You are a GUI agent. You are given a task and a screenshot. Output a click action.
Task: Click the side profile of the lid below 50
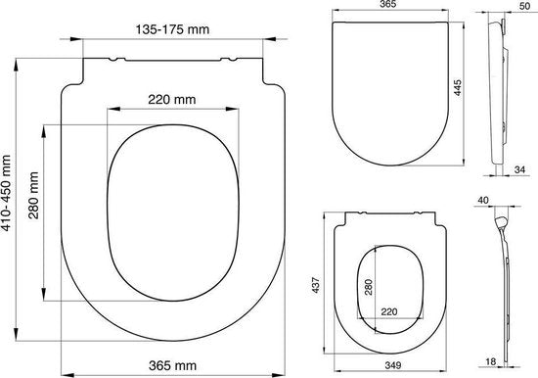point(499,88)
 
